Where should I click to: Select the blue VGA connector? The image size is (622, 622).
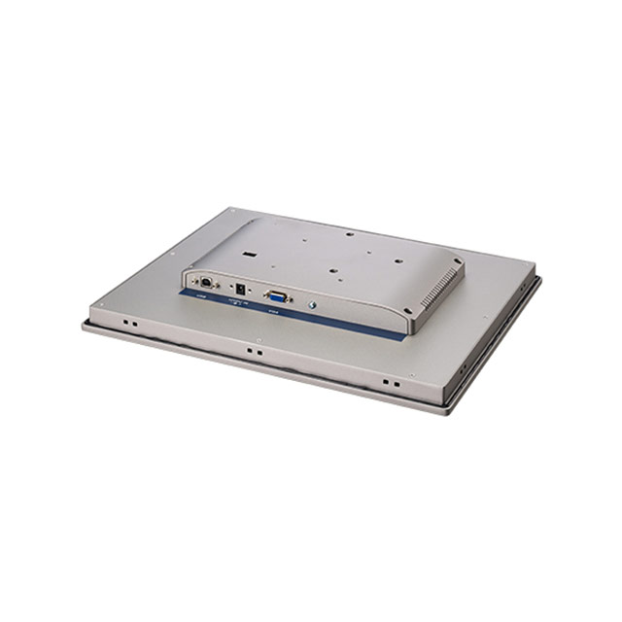(275, 294)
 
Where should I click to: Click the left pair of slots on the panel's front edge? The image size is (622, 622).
(130, 323)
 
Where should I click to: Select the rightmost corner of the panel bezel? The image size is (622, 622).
(541, 280)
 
